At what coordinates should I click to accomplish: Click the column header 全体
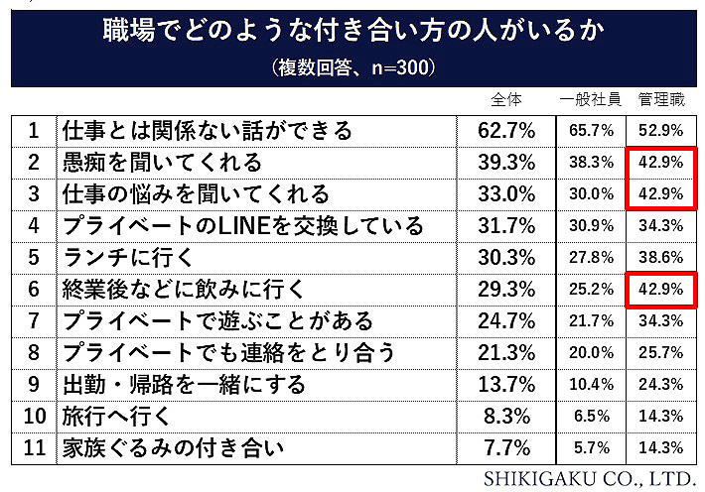(506, 99)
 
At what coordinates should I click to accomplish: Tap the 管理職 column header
(661, 99)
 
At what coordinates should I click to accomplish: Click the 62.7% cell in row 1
(506, 130)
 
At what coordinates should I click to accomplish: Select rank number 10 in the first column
(34, 416)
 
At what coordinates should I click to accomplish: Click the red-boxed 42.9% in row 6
(661, 289)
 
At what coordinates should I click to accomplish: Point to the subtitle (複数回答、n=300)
(352, 68)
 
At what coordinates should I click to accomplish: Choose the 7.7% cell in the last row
(506, 447)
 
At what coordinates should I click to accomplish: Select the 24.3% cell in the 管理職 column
(661, 384)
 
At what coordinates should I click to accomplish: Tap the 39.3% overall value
(506, 162)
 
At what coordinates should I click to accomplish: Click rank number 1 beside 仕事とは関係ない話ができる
(34, 130)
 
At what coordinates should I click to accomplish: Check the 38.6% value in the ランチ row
(661, 257)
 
